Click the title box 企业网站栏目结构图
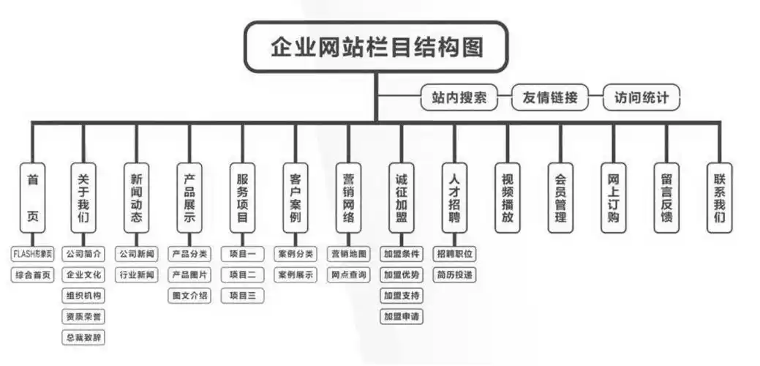[x=376, y=47]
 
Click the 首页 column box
[x=32, y=198]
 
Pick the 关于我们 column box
[x=83, y=198]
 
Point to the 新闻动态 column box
[x=136, y=198]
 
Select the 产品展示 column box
[x=189, y=198]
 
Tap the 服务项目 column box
[x=243, y=198]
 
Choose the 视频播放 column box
[x=508, y=198]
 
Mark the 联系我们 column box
[x=719, y=198]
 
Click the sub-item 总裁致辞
[x=83, y=338]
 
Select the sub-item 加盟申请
[x=402, y=317]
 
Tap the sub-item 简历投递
[x=454, y=275]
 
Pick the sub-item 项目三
[x=243, y=296]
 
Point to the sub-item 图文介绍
[x=189, y=296]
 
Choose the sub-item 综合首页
[x=32, y=275]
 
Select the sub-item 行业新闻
[x=136, y=275]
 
